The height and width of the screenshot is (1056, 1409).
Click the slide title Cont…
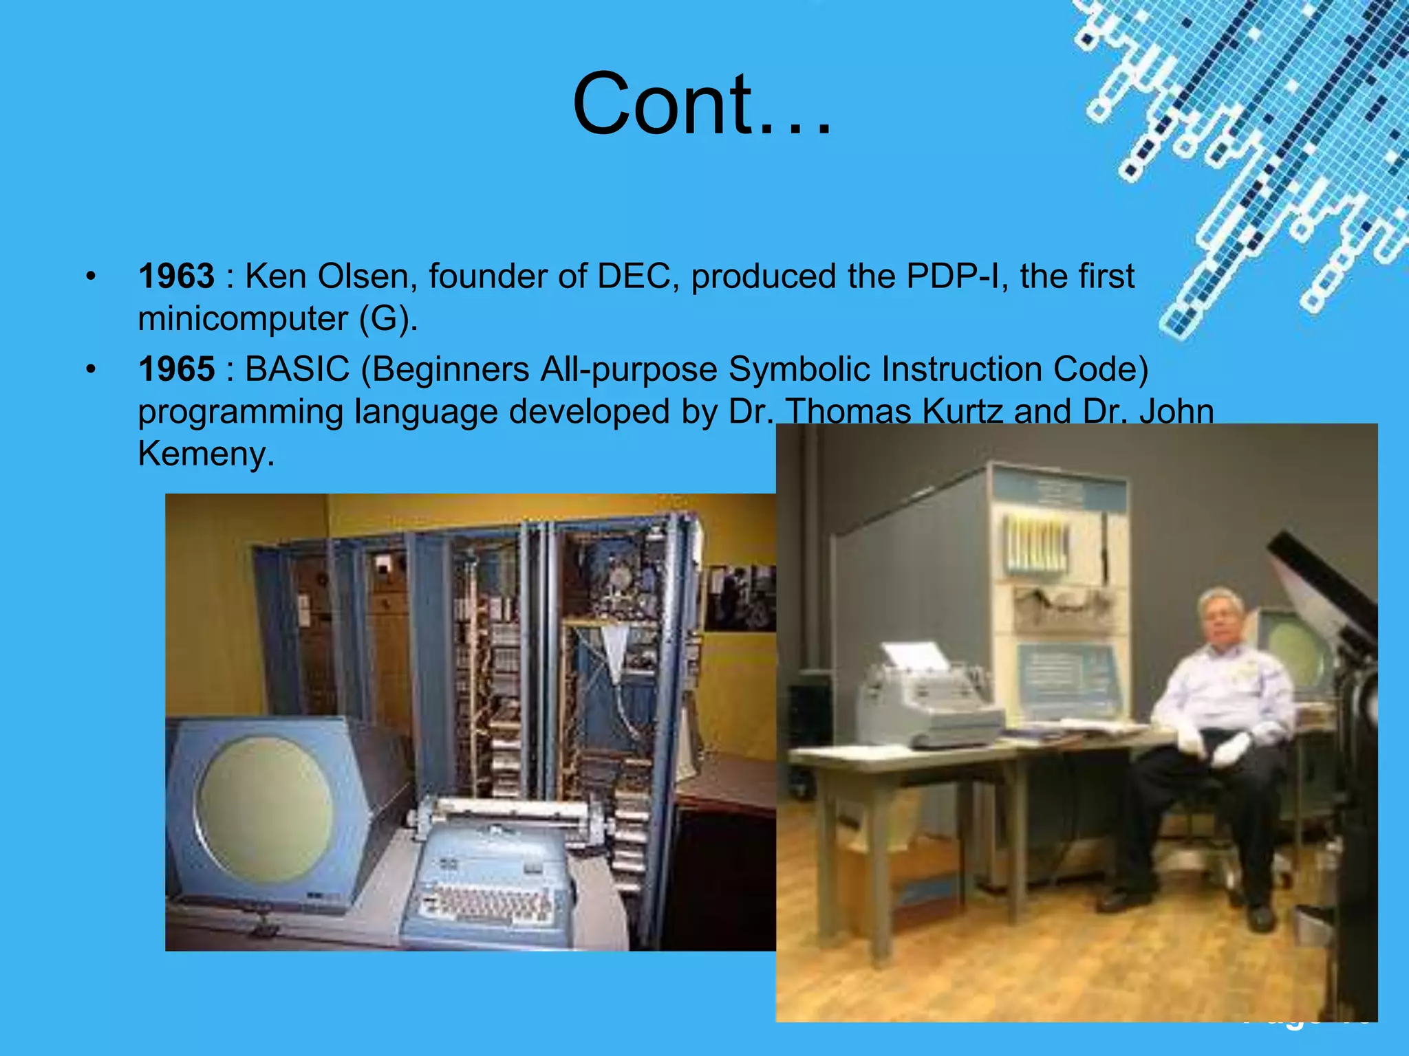(702, 104)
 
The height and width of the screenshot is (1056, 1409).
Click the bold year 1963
(176, 276)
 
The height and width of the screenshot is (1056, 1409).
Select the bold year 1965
(176, 369)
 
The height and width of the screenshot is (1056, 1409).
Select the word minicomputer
(242, 319)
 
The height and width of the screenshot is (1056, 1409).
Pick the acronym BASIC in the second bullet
(297, 369)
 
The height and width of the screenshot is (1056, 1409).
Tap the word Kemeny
(205, 454)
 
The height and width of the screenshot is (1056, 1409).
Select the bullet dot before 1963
(91, 278)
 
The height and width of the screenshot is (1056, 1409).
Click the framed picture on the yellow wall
(740, 597)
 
